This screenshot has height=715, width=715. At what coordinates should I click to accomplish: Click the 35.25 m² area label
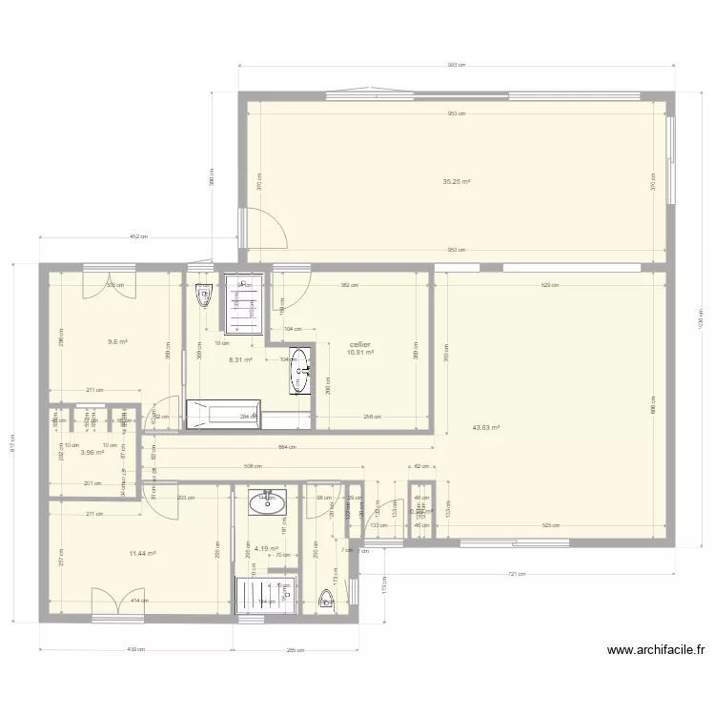457,181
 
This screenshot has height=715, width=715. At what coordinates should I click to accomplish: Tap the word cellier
360,344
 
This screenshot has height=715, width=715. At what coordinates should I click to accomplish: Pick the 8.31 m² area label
239,359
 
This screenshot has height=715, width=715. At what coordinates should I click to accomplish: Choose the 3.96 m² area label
92,453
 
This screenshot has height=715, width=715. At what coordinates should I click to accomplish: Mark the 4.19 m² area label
265,548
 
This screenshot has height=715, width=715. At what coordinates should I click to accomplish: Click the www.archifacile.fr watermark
656,651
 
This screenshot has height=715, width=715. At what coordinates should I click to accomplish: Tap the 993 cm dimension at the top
457,66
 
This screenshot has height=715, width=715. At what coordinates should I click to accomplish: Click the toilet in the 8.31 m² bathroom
202,297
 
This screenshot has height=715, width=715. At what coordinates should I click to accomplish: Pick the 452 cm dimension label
137,237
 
